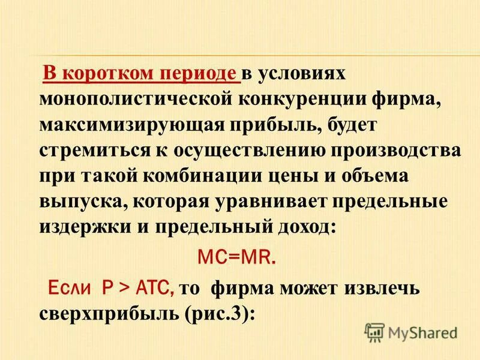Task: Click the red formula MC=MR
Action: pos(237,258)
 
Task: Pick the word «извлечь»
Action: pos(382,289)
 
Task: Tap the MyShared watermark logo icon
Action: pos(374,332)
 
